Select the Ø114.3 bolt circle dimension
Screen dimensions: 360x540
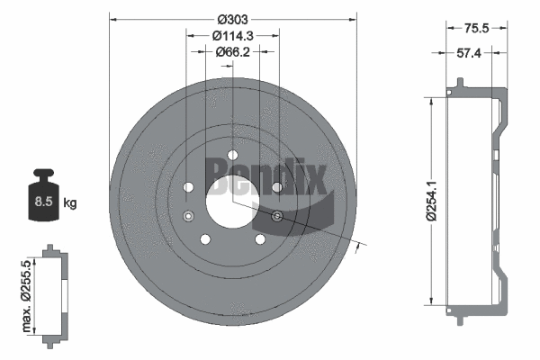[x=232, y=35]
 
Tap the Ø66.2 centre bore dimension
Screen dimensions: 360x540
[x=232, y=53]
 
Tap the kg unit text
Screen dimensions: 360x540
[x=71, y=202]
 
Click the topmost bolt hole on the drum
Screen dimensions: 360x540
[x=232, y=154]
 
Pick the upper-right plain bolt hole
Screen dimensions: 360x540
[x=276, y=186]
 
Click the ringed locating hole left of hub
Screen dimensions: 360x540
[x=188, y=216]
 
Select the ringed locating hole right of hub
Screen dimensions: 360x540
[x=276, y=216]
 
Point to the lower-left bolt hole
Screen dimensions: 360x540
[x=205, y=238]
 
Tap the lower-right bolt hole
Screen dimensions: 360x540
[x=259, y=238]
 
